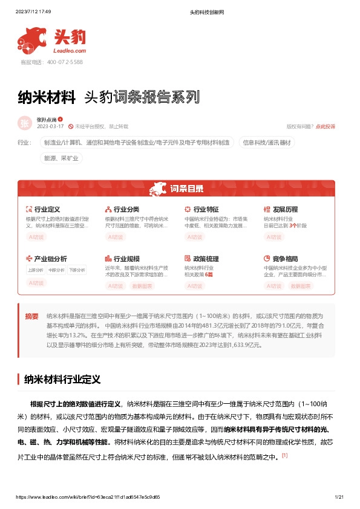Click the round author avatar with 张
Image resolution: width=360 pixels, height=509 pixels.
coord(25,123)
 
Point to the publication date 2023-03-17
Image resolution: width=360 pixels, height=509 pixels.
coord(50,127)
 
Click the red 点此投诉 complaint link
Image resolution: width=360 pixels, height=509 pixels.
coord(326,127)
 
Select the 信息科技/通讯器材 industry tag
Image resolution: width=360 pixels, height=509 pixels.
coord(267,143)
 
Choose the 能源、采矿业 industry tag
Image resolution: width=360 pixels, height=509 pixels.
coord(61,158)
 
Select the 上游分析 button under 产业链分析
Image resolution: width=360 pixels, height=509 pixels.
coord(36,270)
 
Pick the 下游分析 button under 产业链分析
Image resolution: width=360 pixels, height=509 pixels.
coord(76,270)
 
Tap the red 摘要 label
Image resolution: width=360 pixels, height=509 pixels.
coord(31,316)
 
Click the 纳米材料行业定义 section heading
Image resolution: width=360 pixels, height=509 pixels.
coord(62,380)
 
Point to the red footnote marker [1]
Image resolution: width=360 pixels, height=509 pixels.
coord(284,456)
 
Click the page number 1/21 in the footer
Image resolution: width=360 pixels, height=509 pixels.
coord(339,497)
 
